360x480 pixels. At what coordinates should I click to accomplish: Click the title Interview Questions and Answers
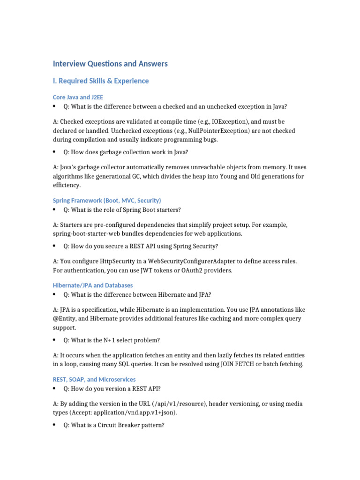coord(110,64)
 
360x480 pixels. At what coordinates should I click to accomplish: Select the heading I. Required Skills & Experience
coord(101,81)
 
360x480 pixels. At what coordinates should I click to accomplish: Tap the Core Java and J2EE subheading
coord(78,97)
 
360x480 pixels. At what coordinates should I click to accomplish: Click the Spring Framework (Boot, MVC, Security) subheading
coord(107,200)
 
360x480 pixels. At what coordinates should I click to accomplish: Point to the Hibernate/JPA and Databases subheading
coord(93,285)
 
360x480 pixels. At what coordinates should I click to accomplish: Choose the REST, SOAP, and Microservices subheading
coord(94,379)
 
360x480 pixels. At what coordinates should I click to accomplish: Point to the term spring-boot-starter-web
coord(89,233)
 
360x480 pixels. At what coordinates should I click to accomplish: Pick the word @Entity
coord(67,319)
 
